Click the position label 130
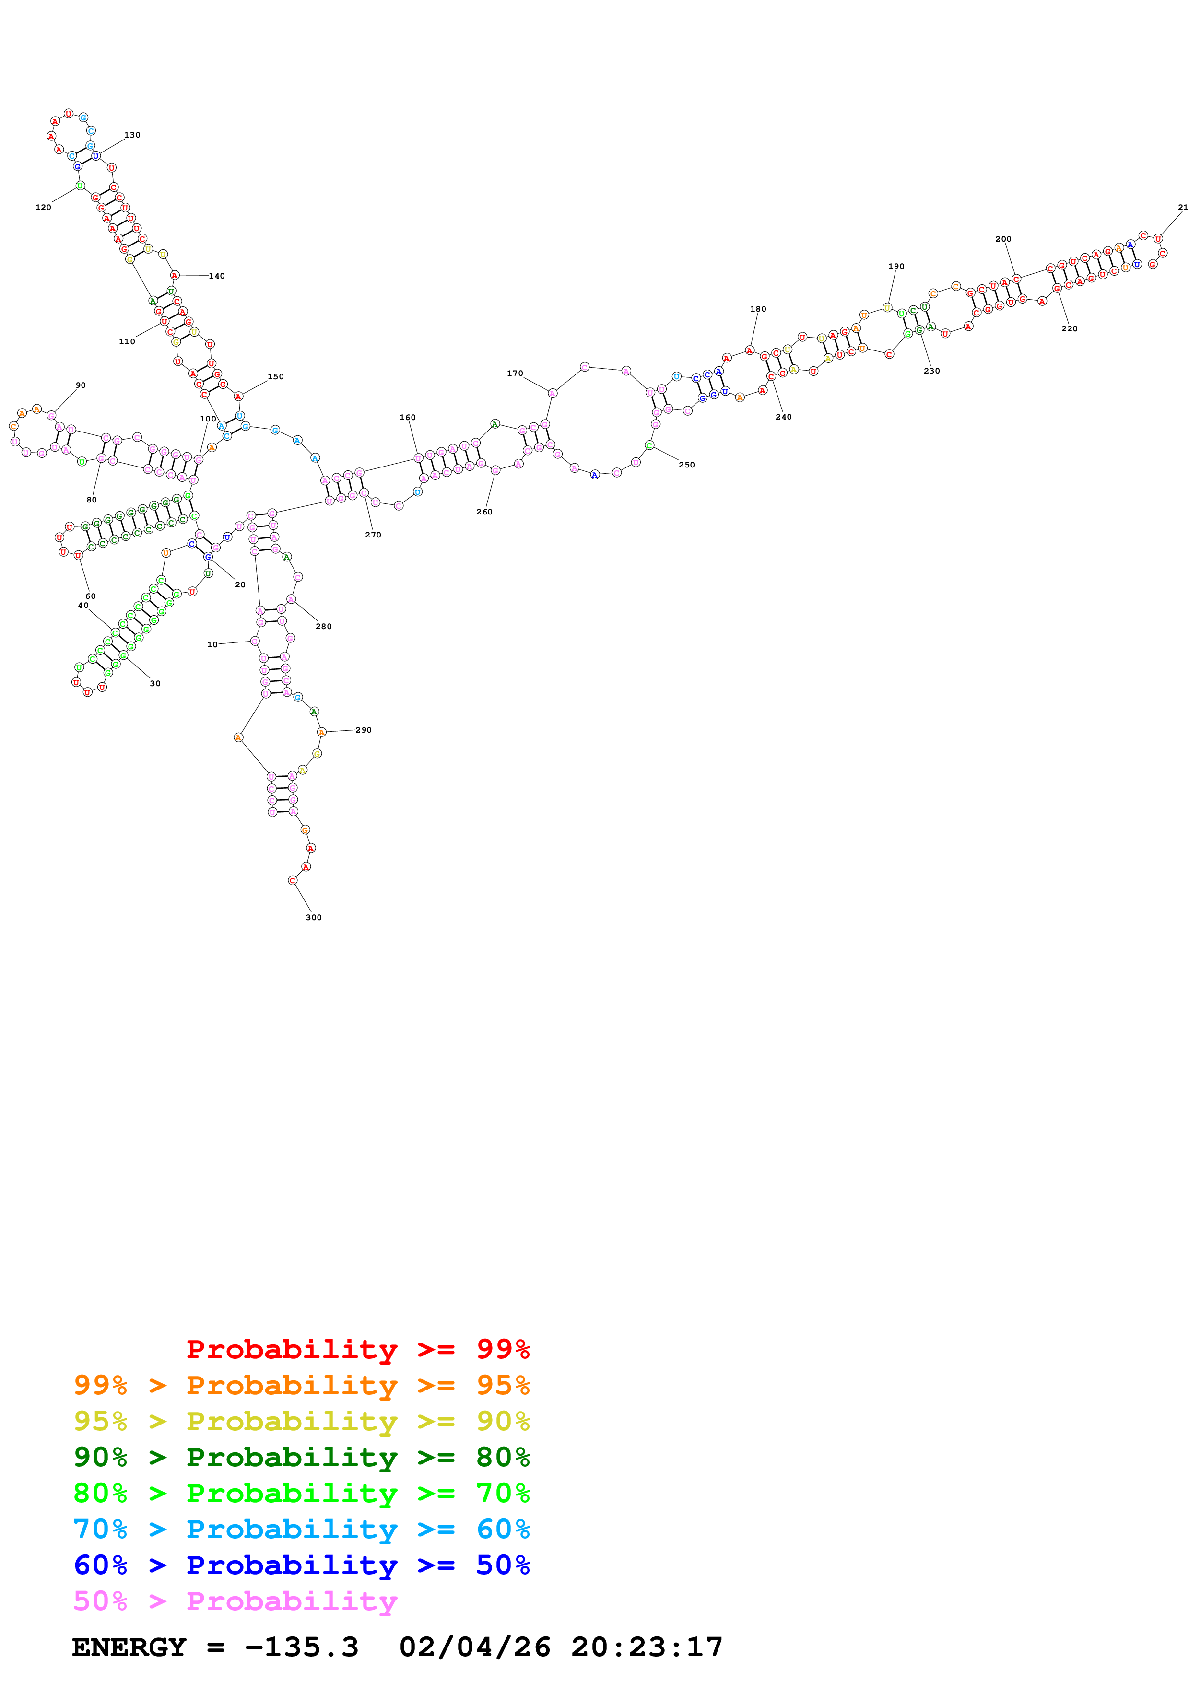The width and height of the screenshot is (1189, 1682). (x=132, y=135)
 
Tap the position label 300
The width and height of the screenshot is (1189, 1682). (x=314, y=917)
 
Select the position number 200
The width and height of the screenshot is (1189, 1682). (x=1003, y=239)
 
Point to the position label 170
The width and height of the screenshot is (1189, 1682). (x=515, y=373)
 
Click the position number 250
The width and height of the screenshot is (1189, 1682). (x=686, y=465)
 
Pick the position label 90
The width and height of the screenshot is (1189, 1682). (x=81, y=385)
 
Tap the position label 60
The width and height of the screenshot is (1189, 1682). (x=90, y=596)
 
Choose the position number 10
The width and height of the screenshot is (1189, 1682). (x=212, y=645)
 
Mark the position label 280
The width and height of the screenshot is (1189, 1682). (x=324, y=626)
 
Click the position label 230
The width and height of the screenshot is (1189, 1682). (x=931, y=371)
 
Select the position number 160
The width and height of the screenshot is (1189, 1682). (x=407, y=417)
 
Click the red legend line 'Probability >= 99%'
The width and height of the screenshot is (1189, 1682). (x=357, y=1349)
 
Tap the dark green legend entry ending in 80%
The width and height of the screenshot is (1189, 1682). (x=301, y=1457)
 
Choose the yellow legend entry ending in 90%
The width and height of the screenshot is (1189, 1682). (x=301, y=1421)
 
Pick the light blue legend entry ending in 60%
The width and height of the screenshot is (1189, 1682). (x=301, y=1529)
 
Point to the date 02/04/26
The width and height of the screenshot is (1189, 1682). (x=475, y=1647)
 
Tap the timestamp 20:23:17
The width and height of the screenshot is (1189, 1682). (x=647, y=1647)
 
